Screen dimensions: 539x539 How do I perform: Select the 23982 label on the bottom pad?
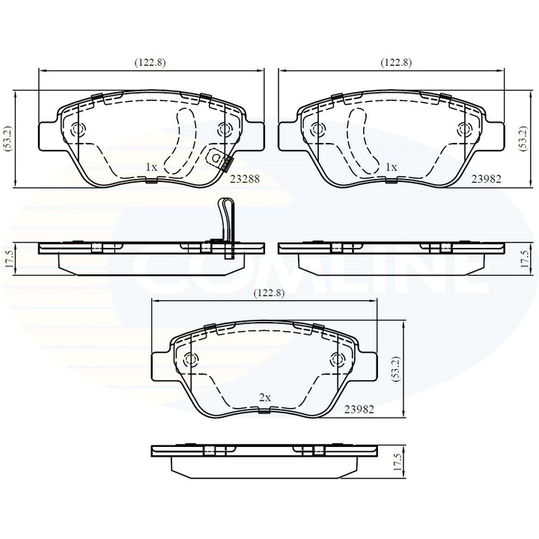coord(359,410)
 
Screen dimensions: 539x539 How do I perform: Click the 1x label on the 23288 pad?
coord(150,168)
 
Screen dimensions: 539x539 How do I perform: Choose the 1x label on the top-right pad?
coord(390,168)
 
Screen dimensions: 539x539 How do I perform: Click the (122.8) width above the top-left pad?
coord(150,63)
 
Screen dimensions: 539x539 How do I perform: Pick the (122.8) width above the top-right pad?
coord(396,63)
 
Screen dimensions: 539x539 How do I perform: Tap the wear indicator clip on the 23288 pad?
coord(219,159)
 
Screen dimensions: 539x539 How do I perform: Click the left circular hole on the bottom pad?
coord(192,359)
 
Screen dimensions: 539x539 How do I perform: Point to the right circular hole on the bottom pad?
coord(335,359)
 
